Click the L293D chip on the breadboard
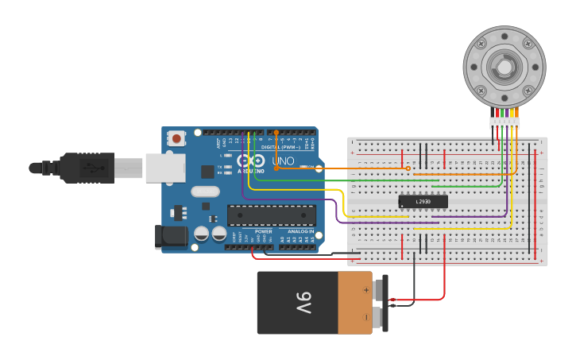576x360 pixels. coord(423,202)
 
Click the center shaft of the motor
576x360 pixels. coord(504,67)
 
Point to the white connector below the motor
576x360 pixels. coord(504,122)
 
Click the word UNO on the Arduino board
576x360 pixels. coord(283,161)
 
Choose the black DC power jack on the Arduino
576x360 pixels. coord(172,236)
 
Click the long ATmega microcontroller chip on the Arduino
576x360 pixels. coord(271,215)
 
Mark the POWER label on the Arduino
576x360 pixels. coord(263,231)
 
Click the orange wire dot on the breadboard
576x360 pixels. coord(408,168)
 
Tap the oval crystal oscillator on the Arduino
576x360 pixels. coord(204,191)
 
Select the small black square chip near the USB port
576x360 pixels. coord(207,171)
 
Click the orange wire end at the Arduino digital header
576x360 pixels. coord(276,133)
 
